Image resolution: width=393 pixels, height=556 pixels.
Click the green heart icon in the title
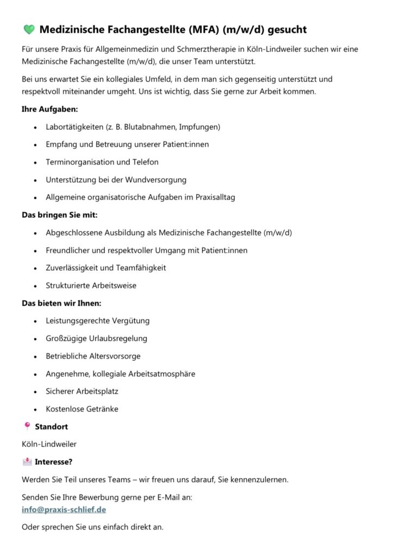(x=28, y=29)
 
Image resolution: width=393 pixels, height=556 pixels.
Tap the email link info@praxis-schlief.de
(x=64, y=509)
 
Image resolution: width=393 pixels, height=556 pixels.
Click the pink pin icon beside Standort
(x=27, y=426)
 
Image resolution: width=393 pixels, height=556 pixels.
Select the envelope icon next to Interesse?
(x=27, y=462)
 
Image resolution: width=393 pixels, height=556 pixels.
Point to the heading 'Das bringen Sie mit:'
(x=59, y=215)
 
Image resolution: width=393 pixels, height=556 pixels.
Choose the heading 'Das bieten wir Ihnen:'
(x=61, y=302)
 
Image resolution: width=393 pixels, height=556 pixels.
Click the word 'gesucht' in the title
(x=287, y=29)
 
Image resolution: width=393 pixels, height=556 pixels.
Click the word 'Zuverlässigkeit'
(x=72, y=268)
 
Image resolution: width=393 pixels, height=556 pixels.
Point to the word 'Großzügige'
(x=66, y=338)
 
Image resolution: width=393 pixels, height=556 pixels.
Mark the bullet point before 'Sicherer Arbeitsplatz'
(x=35, y=391)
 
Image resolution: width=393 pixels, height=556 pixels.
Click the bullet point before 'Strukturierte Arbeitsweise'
(x=35, y=286)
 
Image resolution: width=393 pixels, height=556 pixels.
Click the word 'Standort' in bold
(x=51, y=427)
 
